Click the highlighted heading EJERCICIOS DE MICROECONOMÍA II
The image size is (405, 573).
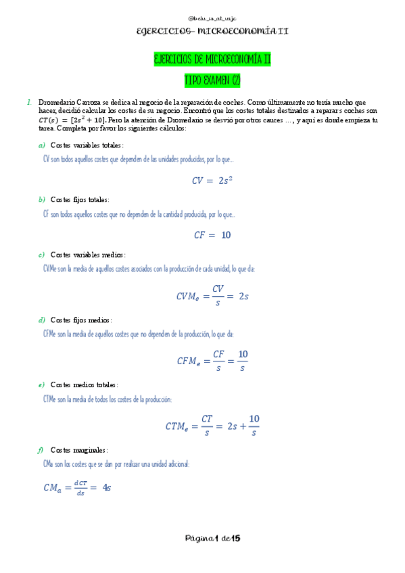tap(212, 61)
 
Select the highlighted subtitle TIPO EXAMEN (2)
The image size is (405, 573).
tap(212, 80)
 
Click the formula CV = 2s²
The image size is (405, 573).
tap(212, 180)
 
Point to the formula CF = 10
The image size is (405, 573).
tap(212, 235)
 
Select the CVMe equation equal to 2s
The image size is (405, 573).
tap(212, 295)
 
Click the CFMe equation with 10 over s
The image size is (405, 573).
tap(212, 360)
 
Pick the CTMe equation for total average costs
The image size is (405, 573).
tap(212, 426)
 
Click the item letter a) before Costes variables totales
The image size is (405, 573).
tap(41, 145)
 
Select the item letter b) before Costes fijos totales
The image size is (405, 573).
tap(41, 200)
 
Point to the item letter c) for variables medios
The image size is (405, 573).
tap(41, 255)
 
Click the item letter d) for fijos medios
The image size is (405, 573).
tap(41, 320)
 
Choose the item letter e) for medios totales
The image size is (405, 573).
tap(41, 384)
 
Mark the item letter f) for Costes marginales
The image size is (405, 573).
tap(41, 450)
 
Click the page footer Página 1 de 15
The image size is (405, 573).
tap(212, 539)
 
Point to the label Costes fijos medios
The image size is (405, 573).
tap(81, 320)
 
